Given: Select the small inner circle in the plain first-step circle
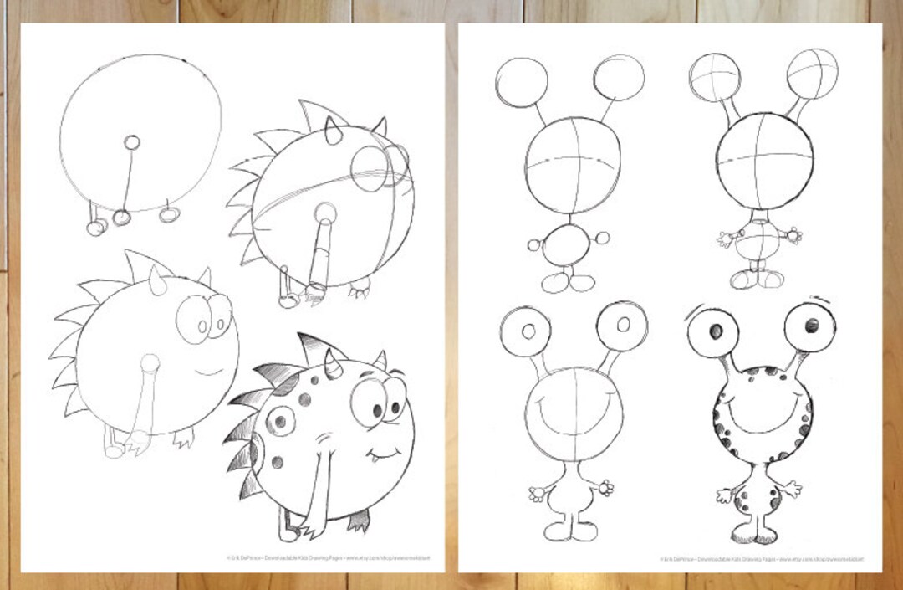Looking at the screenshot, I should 131,141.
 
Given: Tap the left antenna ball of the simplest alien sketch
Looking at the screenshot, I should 521,82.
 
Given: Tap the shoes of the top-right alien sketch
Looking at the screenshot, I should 757,277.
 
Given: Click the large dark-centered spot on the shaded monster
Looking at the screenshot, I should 280,421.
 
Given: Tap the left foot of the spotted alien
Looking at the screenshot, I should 745,532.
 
